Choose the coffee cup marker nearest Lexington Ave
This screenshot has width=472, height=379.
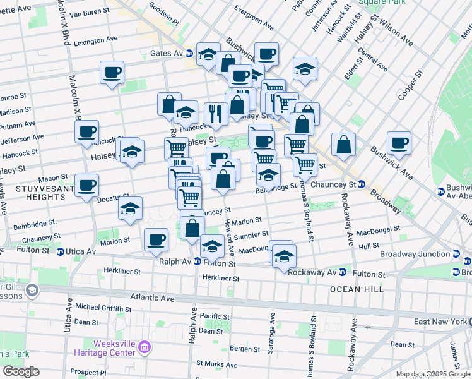[x=112, y=72]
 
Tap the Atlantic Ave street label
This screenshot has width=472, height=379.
[x=151, y=296]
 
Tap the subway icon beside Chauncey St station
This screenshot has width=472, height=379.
[x=362, y=184]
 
